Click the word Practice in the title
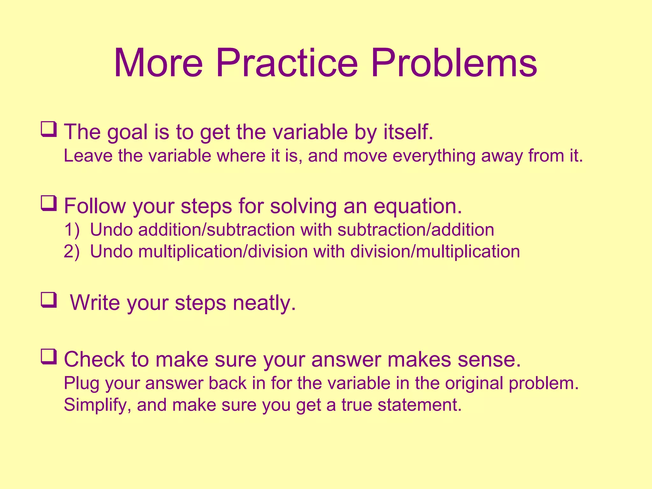pos(287,63)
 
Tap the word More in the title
pos(158,63)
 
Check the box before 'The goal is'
pos(48,129)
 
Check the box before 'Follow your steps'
pos(48,203)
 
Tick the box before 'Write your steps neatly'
pos(48,300)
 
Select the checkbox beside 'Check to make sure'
pos(48,357)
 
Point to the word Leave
pos(88,156)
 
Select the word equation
pos(417,206)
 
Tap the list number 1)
pos(71,230)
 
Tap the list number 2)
pos(71,252)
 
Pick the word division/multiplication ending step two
pos(435,252)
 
